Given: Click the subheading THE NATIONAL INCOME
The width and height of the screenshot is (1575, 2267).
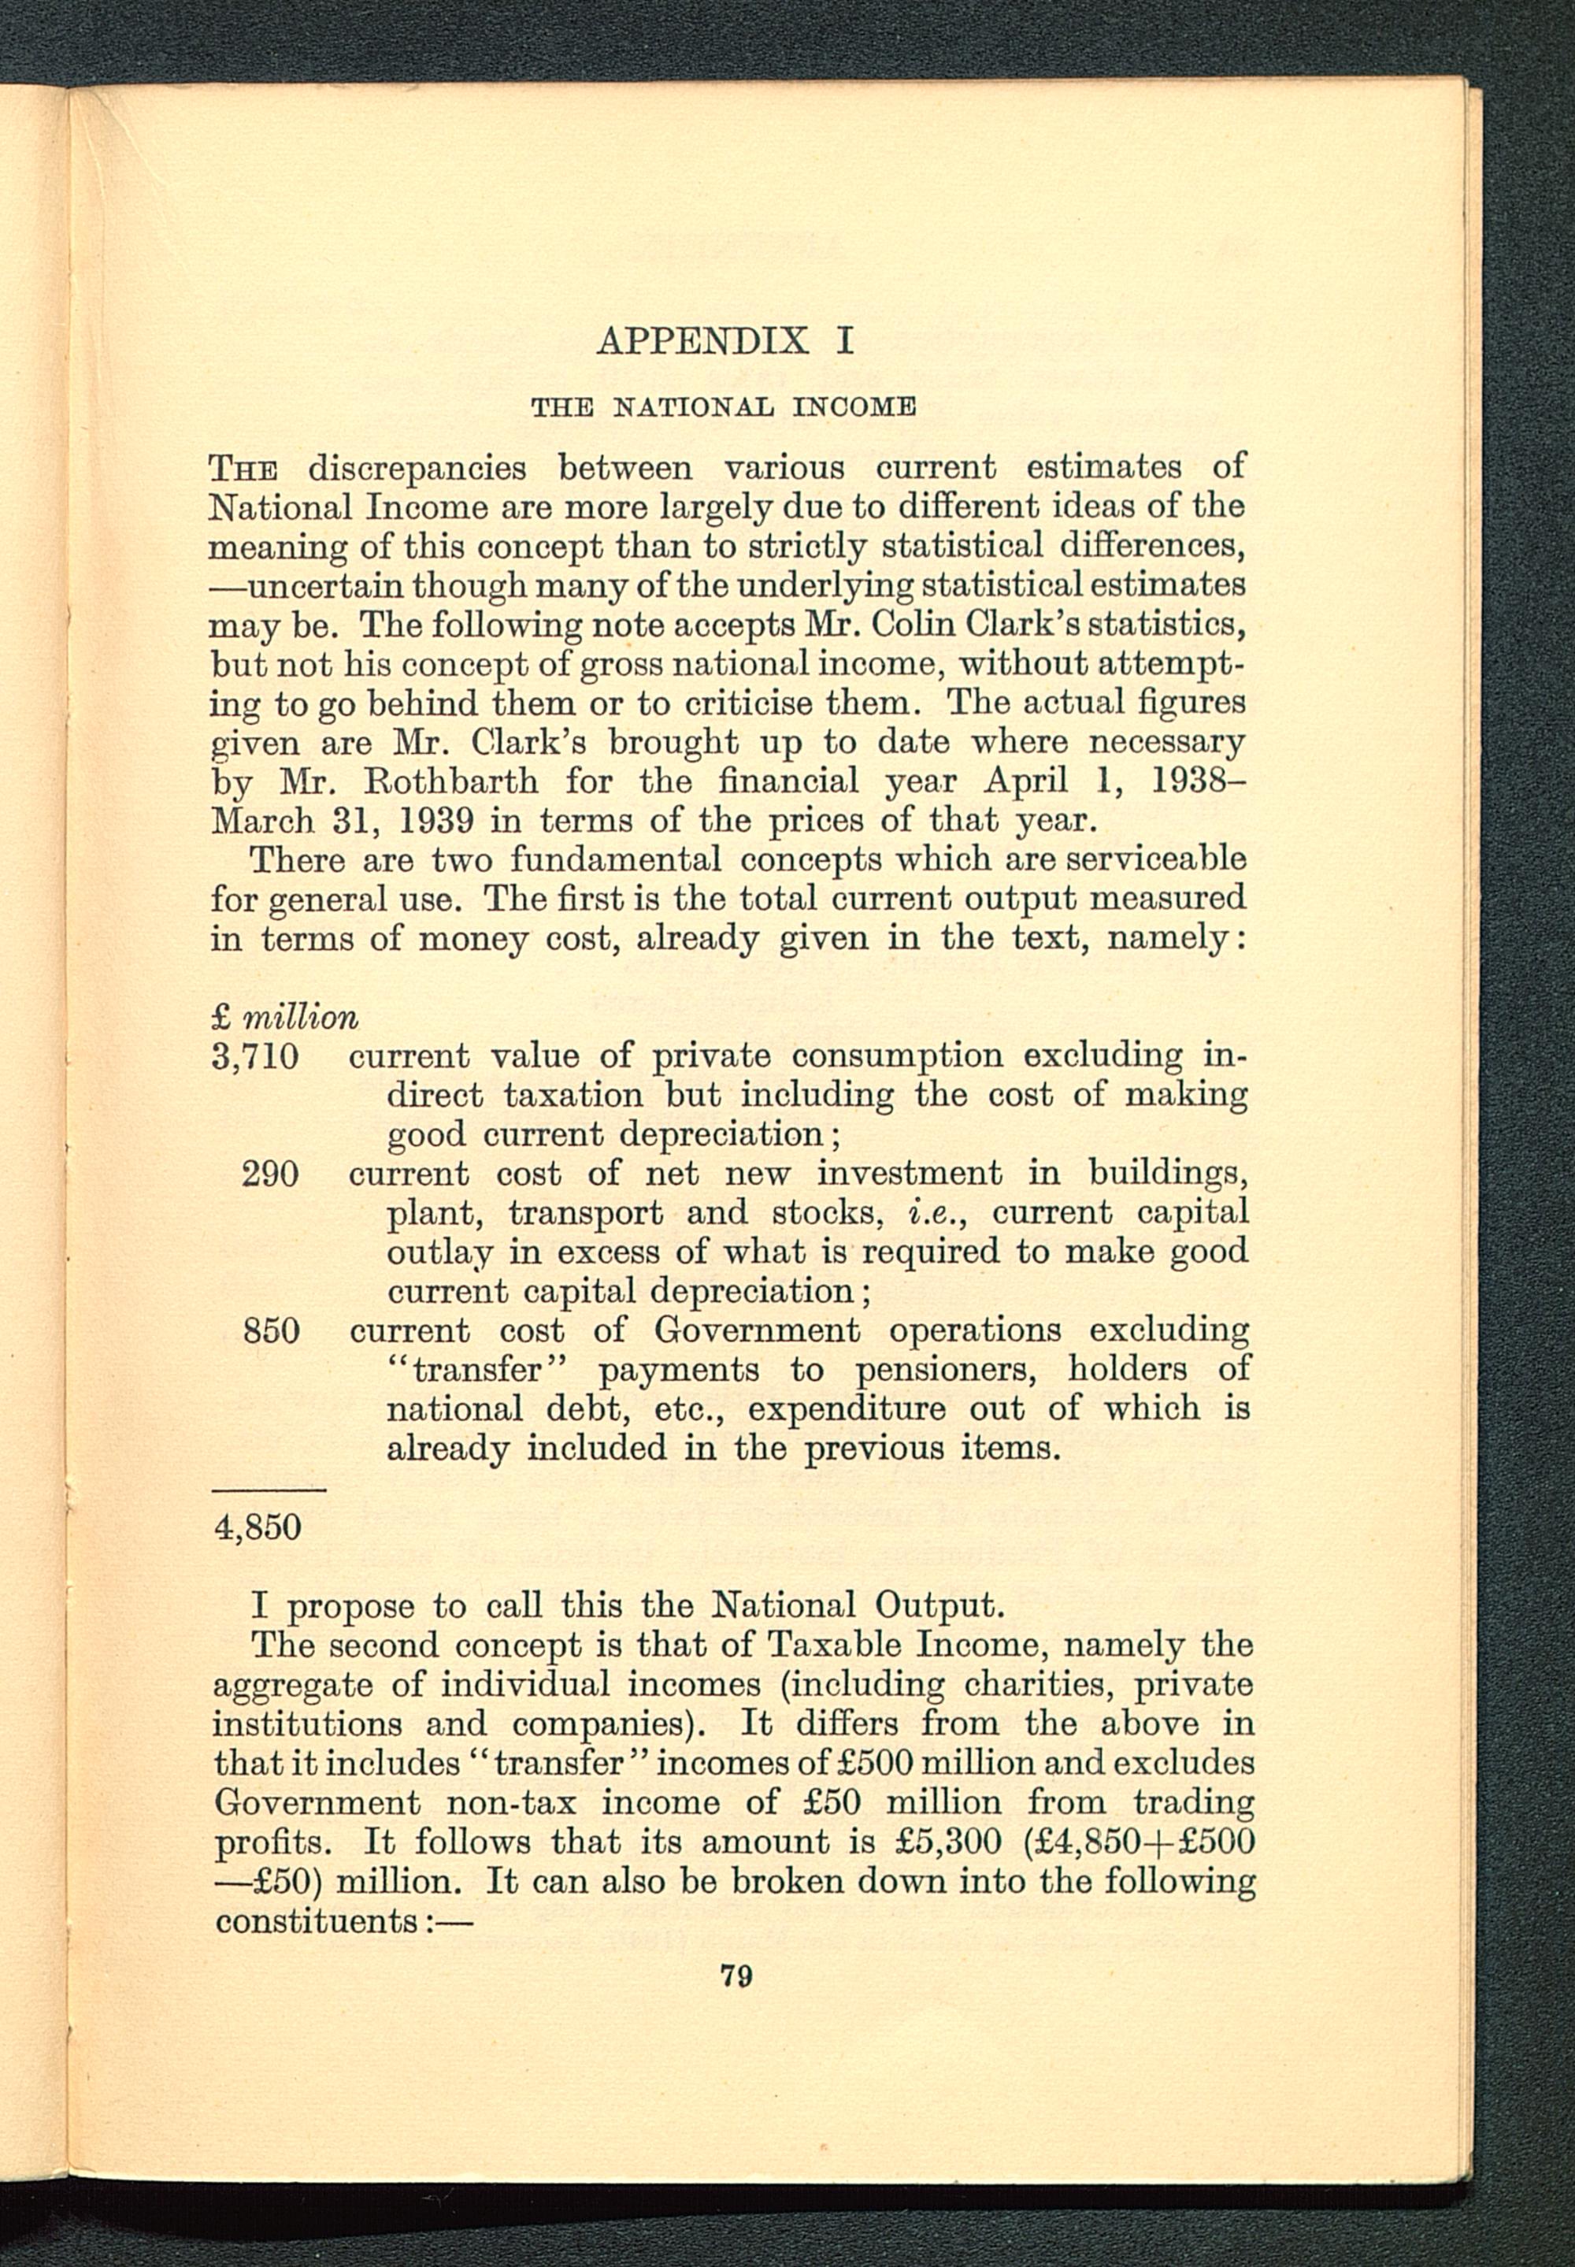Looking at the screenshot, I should tap(724, 406).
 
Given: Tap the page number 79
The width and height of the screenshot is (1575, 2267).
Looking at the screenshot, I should tap(736, 1976).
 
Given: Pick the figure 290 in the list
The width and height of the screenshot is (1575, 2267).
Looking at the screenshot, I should tap(270, 1174).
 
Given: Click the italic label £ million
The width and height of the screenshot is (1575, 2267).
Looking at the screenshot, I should tap(285, 1017).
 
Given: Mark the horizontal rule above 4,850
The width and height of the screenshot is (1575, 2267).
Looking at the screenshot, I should tap(269, 1490).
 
